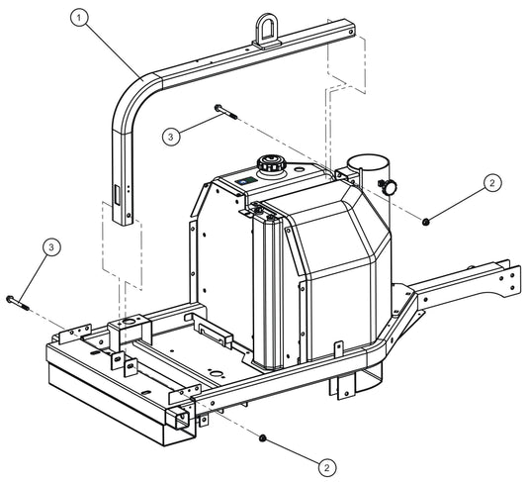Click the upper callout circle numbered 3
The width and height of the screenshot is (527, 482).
pos(171,138)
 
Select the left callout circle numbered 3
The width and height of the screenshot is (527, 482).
pos(50,246)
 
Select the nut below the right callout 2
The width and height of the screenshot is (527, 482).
pos(426,222)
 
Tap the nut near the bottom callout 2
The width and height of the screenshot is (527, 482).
pos(263,437)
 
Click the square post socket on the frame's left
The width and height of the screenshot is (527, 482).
pos(129,326)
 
